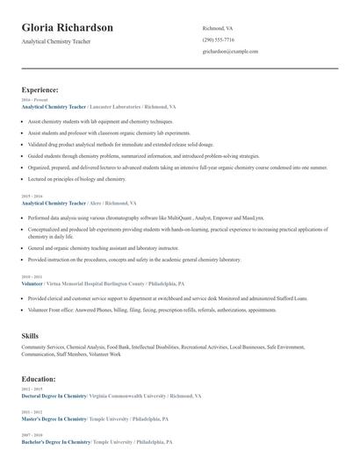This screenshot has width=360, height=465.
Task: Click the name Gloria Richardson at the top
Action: click(x=68, y=27)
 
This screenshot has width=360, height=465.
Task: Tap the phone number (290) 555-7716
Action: click(x=218, y=39)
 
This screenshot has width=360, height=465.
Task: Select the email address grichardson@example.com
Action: click(x=230, y=52)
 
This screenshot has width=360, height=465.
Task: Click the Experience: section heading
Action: click(x=40, y=89)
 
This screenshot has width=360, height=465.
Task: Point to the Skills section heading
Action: click(x=30, y=336)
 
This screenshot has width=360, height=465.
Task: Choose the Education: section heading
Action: click(x=39, y=379)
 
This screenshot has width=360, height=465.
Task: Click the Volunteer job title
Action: click(x=32, y=284)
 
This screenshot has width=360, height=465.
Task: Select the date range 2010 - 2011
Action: click(x=31, y=278)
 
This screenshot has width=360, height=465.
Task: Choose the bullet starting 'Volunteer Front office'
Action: click(x=152, y=310)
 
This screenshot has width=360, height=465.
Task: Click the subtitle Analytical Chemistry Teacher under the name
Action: click(x=55, y=41)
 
